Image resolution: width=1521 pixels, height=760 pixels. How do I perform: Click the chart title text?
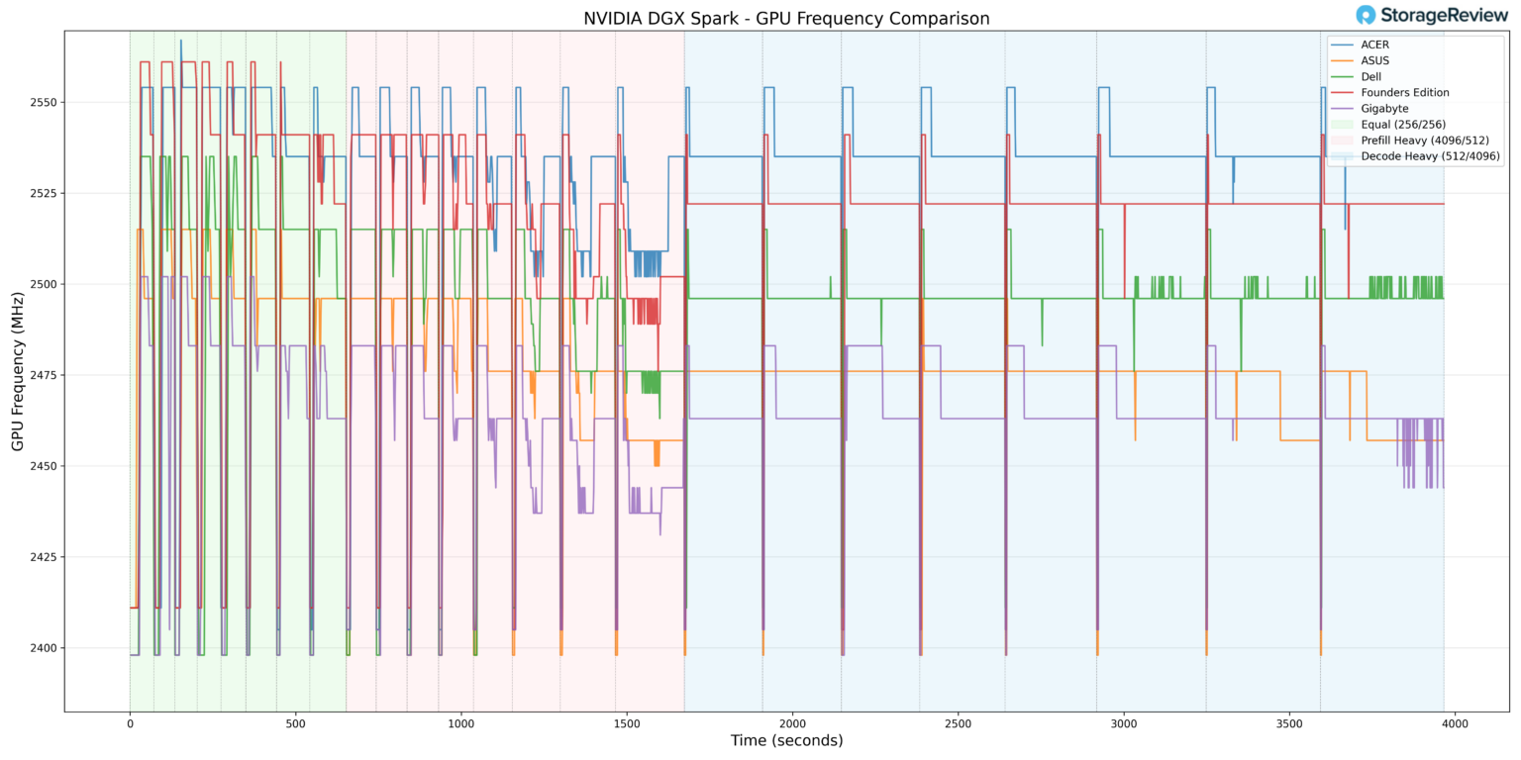pos(786,18)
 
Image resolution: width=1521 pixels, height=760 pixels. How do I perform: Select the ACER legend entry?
pos(1374,45)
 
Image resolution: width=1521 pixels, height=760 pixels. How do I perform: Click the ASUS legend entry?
pos(1374,60)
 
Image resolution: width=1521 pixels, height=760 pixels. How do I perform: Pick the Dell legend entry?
pos(1371,76)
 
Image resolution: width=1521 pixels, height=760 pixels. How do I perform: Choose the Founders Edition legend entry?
pos(1404,93)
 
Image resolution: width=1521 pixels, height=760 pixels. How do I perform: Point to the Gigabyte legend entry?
pos(1384,109)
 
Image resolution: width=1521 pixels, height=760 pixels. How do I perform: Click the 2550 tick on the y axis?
pos(43,102)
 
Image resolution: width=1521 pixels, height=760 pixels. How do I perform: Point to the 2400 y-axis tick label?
pos(43,648)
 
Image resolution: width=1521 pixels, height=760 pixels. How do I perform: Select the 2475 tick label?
pos(43,375)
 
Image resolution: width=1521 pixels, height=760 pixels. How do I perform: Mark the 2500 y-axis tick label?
pos(43,284)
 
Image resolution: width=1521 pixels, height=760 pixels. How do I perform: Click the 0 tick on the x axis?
pos(130,723)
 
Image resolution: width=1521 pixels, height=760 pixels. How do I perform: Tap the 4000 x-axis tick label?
pos(1455,723)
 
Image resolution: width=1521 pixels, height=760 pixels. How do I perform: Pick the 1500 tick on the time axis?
pos(627,723)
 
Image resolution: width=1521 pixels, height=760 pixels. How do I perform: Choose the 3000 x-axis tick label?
pos(1124,723)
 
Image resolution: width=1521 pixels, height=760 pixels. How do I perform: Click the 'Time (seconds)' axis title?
pos(786,741)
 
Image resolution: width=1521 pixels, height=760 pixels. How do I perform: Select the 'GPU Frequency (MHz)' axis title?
pos(18,371)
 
